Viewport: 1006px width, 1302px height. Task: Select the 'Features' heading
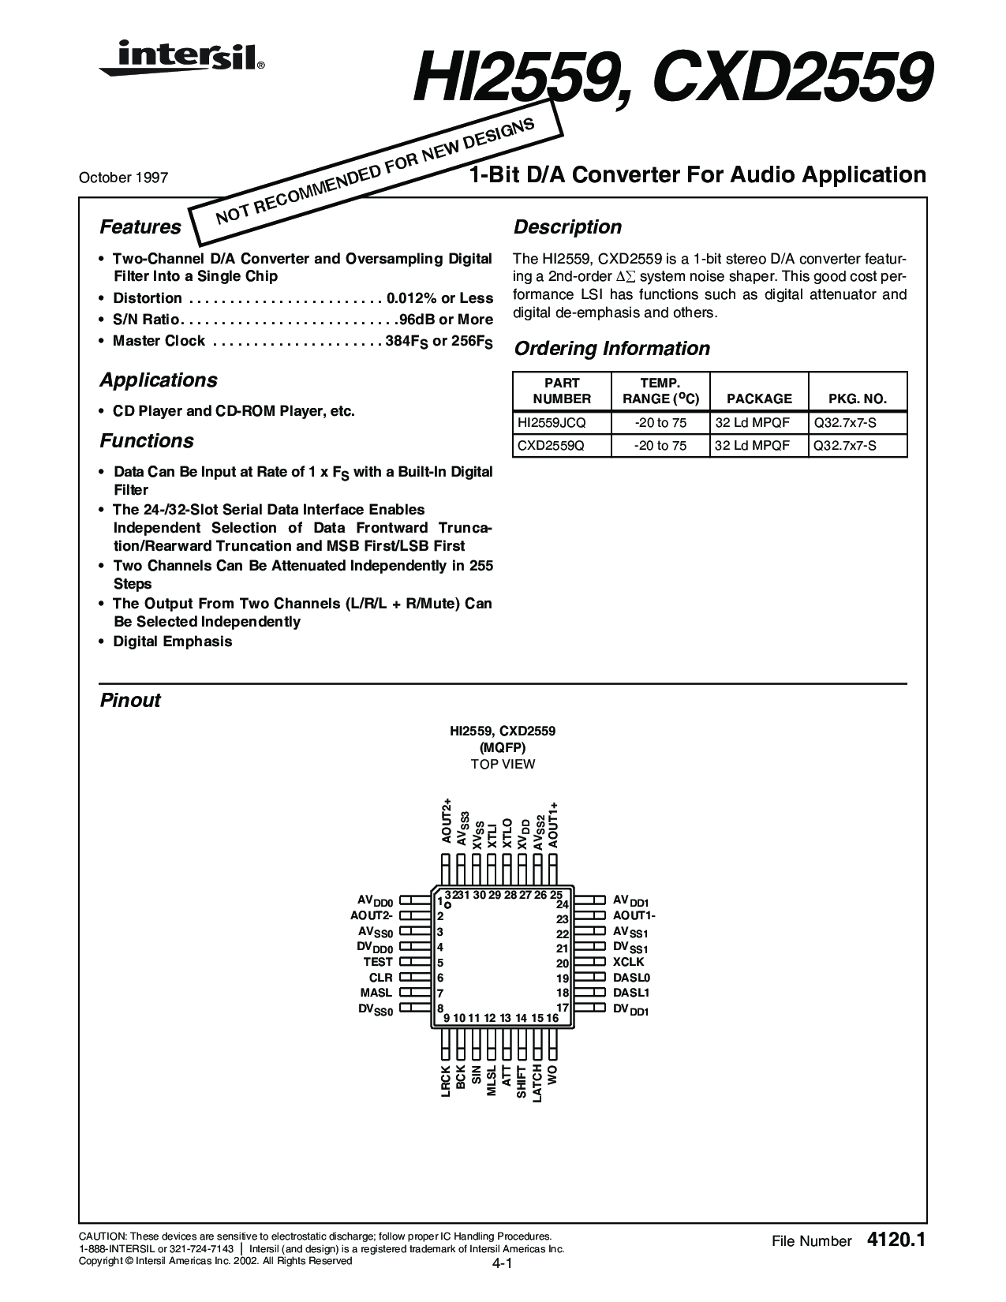point(140,227)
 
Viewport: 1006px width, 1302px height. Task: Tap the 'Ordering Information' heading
point(611,349)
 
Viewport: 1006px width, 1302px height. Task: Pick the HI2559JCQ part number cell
point(552,422)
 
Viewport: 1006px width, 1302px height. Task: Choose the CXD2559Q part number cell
point(552,446)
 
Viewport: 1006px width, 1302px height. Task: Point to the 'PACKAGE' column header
point(759,398)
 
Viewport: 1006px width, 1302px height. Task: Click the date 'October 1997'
point(123,177)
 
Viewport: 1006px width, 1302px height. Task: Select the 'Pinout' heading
point(130,701)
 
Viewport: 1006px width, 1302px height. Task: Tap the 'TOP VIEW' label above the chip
point(503,764)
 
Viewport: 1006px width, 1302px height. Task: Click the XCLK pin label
point(629,962)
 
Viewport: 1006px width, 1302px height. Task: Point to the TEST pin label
point(378,962)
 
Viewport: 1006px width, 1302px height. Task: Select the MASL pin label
point(376,993)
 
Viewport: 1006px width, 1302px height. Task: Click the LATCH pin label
point(537,1083)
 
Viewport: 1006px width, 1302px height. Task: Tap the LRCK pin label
point(446,1081)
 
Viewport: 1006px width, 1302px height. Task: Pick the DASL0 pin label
point(632,978)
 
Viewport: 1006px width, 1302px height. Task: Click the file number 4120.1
point(896,1240)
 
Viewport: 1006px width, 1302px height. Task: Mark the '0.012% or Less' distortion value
point(440,298)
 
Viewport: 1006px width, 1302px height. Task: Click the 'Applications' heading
point(158,380)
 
